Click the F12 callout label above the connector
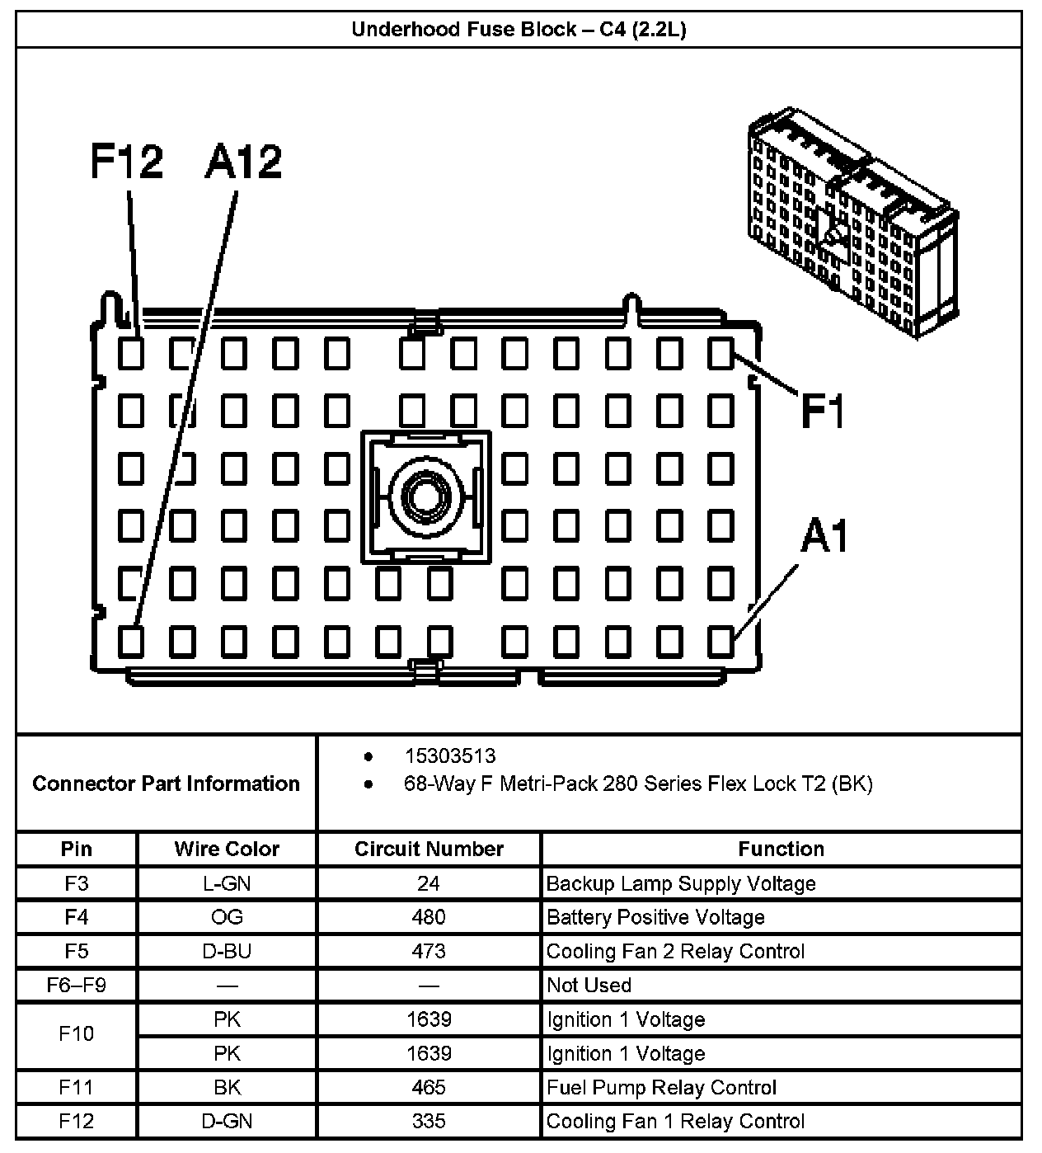[126, 162]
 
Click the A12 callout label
[243, 162]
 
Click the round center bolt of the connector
[425, 496]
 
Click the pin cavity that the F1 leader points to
[720, 354]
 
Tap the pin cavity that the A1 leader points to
[720, 641]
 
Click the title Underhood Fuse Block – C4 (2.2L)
[519, 30]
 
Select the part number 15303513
[449, 756]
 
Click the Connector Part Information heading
[166, 784]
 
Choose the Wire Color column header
[227, 849]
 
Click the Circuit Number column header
[429, 849]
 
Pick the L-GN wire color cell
[227, 884]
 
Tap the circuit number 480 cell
[429, 918]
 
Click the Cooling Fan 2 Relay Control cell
[675, 952]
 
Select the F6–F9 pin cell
[77, 986]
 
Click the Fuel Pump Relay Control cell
[661, 1088]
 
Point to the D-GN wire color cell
[227, 1122]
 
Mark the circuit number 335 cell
[429, 1122]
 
